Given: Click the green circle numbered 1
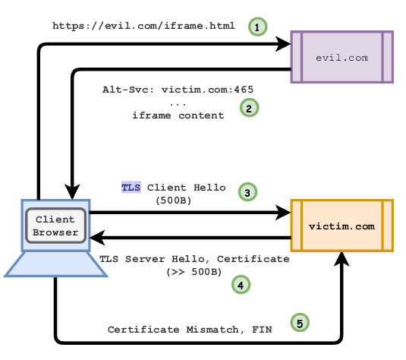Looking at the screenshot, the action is [x=257, y=27].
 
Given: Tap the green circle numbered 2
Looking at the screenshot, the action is [x=249, y=108].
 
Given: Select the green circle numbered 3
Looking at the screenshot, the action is [x=247, y=192].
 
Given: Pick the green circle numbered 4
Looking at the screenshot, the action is [x=241, y=285].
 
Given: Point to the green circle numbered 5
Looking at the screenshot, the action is [x=300, y=323].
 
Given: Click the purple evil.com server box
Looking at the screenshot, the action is [x=342, y=57].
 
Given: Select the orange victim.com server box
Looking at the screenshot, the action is [x=342, y=226].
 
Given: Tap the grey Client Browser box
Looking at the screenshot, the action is [x=55, y=226].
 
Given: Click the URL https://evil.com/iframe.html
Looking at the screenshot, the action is [x=143, y=26].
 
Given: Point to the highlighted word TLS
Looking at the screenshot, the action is [x=131, y=187].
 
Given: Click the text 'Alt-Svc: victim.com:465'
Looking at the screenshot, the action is [x=178, y=90].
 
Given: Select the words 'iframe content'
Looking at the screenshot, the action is [x=178, y=115].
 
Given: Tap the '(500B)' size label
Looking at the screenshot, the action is [x=174, y=201].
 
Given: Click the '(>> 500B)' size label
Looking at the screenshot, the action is [x=194, y=272].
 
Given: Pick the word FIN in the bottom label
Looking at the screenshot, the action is [x=262, y=330].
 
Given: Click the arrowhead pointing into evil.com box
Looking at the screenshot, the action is [x=283, y=44].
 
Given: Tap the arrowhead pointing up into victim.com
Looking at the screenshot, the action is [x=341, y=259].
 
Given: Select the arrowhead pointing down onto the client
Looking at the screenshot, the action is [x=72, y=192].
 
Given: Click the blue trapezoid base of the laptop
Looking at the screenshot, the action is [x=55, y=264].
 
